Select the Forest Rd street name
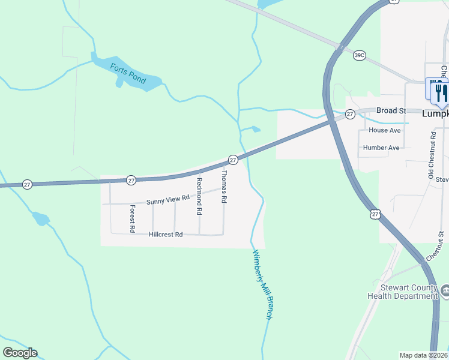(132, 219)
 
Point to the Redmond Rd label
(199, 197)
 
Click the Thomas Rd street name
(223, 187)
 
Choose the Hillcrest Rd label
(165, 235)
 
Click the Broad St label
(391, 110)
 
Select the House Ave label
(385, 130)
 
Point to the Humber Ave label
(381, 148)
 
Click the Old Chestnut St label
(431, 155)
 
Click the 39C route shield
(360, 55)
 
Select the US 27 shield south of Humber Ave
(375, 214)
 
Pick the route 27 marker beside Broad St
(350, 113)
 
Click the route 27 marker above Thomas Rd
(233, 160)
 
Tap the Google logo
(20, 353)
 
